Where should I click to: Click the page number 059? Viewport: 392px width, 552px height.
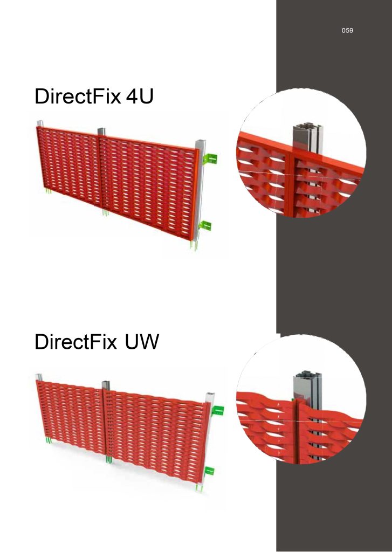coord(347,31)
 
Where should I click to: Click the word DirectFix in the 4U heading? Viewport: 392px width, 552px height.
coord(78,96)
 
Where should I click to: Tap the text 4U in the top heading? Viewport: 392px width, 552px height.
coord(140,96)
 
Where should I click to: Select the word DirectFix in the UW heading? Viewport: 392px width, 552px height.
coord(75,341)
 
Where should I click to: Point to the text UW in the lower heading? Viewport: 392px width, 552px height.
coord(142,341)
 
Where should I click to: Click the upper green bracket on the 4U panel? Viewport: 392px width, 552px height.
coord(210,159)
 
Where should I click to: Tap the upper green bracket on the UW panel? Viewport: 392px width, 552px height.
coord(218,410)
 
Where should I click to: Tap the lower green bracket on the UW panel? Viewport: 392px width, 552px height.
coord(210,471)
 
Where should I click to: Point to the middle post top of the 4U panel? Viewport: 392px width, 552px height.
coord(101,131)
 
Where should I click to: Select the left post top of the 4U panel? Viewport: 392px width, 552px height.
coord(40,124)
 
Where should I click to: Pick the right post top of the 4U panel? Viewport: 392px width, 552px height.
coord(200,145)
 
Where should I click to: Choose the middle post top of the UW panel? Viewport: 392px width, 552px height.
coord(106,385)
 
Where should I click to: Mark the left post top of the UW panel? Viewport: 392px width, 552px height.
coord(39,377)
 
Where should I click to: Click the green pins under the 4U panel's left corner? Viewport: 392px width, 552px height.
coord(48,191)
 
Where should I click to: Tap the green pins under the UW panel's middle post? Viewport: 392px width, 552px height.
coord(109,459)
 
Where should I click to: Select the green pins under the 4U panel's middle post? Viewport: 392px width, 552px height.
coord(105,212)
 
